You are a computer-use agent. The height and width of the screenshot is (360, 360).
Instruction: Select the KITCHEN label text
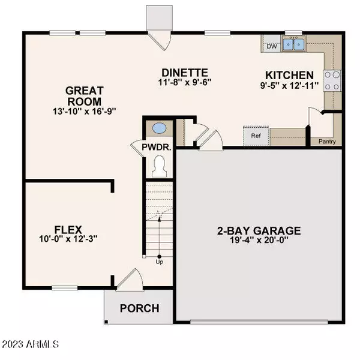click(289, 76)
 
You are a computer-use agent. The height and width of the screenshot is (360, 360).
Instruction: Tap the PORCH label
click(140, 309)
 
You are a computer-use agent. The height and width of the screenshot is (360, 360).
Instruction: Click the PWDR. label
click(158, 148)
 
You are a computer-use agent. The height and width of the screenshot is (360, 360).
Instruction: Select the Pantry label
click(328, 142)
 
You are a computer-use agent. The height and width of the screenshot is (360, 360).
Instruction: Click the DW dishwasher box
click(271, 45)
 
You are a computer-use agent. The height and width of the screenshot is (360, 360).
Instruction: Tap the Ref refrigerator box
click(255, 136)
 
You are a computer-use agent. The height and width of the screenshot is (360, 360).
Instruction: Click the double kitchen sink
click(293, 44)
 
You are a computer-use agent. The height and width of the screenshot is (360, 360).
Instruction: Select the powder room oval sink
click(159, 128)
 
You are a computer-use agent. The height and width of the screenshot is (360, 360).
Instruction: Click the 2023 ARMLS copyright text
click(30, 344)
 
